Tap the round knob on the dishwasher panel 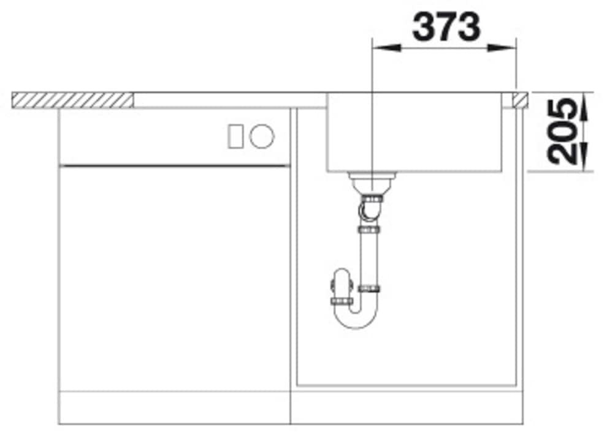pos(262,135)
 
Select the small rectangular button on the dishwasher pos(236,135)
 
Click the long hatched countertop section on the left pos(73,100)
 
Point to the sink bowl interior pos(417,132)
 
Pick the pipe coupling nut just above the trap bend pos(370,288)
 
